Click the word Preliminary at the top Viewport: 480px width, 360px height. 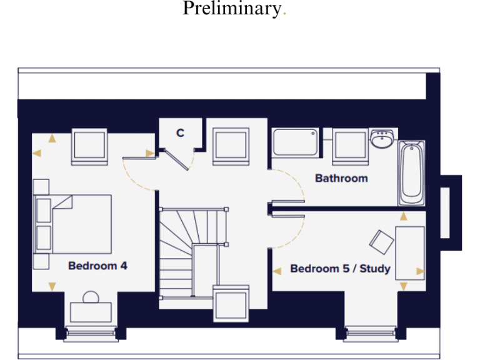(232, 9)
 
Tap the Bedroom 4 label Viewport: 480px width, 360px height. (97, 266)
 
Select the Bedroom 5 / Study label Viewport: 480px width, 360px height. (340, 269)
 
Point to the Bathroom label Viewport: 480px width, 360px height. (341, 178)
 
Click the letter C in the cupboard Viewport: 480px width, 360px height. (180, 133)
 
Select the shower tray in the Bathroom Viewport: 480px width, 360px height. (296, 142)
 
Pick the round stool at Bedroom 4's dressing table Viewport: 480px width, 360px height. (91, 296)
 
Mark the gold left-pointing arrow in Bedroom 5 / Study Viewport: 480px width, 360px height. (276, 271)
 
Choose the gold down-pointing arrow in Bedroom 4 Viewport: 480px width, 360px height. (52, 286)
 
